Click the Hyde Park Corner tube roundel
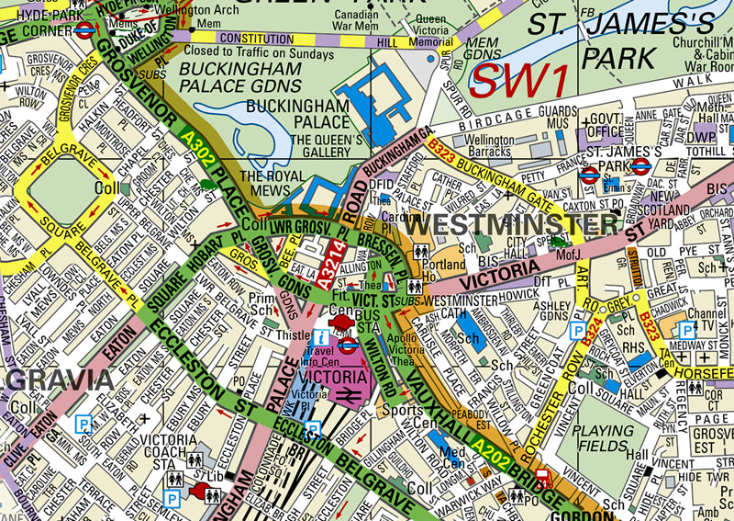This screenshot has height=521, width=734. (84, 28)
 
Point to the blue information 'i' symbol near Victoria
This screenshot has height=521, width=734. (320, 337)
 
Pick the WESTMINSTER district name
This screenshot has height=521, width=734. (511, 223)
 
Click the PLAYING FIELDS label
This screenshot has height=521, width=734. (603, 437)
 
